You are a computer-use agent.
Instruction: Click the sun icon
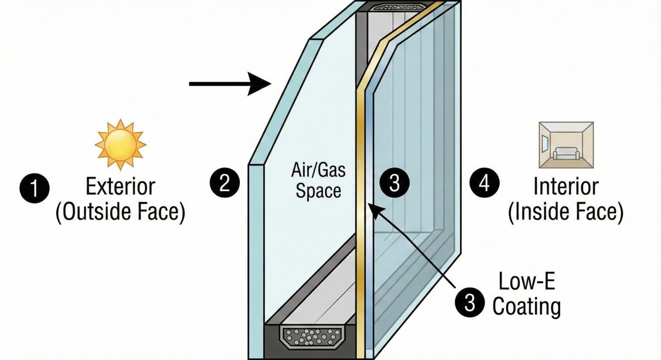click(120, 145)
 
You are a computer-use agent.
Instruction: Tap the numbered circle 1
click(34, 188)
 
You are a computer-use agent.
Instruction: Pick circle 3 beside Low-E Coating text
click(470, 302)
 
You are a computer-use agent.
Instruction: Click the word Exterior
click(120, 186)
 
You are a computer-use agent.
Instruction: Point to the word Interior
click(566, 186)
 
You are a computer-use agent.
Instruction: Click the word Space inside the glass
click(318, 191)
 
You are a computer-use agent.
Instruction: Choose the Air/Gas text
click(318, 170)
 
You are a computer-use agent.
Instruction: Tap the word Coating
click(527, 307)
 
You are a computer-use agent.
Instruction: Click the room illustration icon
click(566, 145)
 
